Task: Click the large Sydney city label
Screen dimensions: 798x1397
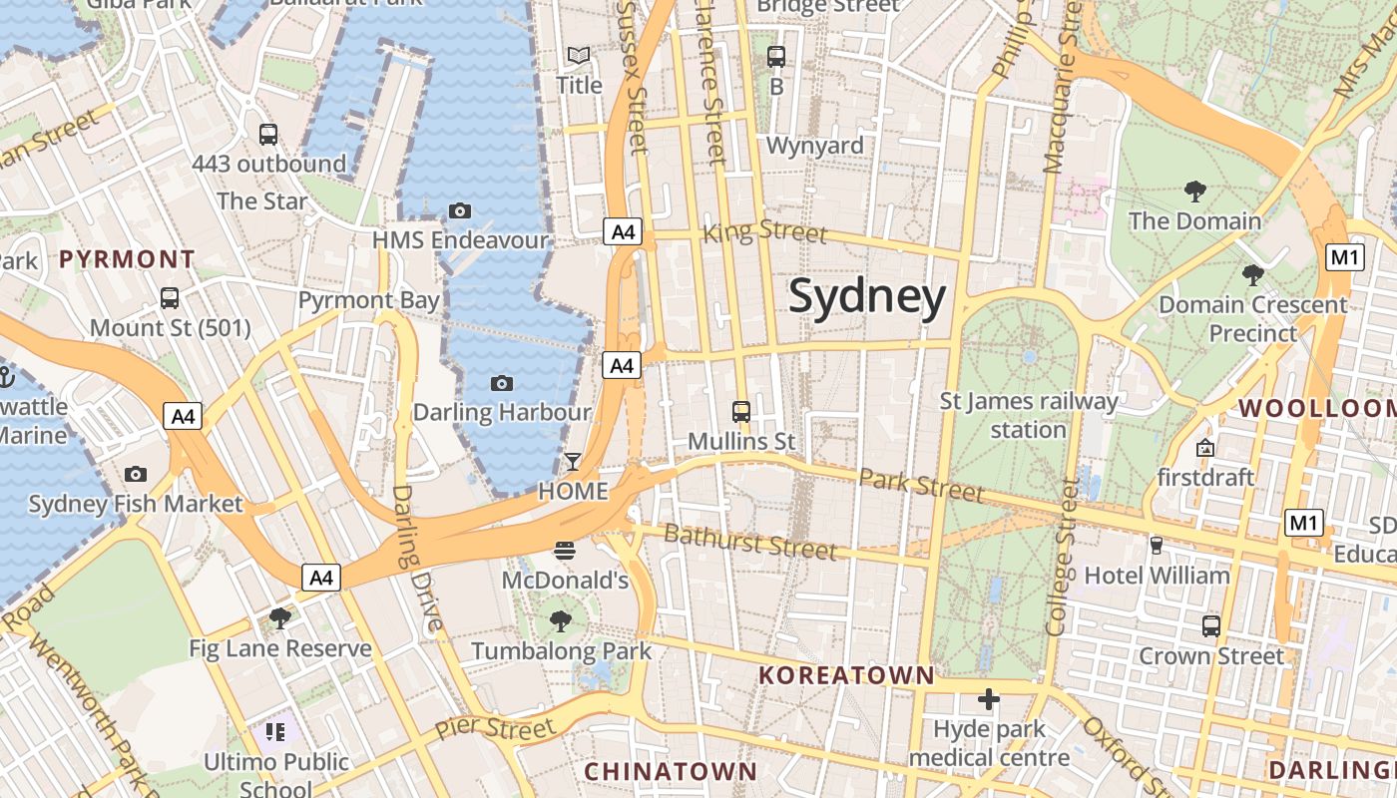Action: click(x=867, y=297)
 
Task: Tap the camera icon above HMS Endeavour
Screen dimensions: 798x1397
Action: click(x=460, y=210)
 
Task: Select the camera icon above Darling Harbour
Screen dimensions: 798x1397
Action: click(x=502, y=383)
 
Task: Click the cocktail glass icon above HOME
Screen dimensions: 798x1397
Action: click(x=573, y=461)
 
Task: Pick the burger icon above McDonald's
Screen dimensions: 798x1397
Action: click(x=565, y=550)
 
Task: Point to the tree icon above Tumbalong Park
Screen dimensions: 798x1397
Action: click(x=561, y=621)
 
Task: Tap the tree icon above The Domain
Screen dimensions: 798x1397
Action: click(x=1194, y=191)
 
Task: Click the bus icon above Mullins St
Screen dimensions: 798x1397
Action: click(x=741, y=411)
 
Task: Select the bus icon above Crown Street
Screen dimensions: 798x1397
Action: click(x=1211, y=626)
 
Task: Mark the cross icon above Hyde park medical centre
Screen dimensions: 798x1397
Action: click(x=989, y=699)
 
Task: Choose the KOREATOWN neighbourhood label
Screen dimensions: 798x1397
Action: click(x=846, y=675)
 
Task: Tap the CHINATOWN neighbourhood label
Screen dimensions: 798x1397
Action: click(x=671, y=771)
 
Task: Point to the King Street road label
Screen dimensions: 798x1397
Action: click(x=765, y=232)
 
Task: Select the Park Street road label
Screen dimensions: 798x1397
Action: click(x=921, y=486)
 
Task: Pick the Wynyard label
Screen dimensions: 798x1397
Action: click(x=814, y=146)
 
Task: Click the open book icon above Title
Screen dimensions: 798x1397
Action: click(x=579, y=55)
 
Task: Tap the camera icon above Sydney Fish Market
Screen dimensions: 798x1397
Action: click(x=136, y=475)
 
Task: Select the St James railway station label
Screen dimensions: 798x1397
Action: click(x=1029, y=415)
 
